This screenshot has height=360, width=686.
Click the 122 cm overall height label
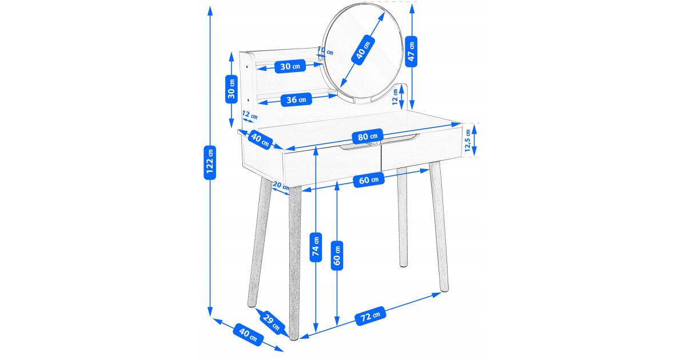tap(210, 162)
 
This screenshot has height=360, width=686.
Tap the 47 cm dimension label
tap(411, 51)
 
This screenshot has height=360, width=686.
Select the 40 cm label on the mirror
tap(363, 50)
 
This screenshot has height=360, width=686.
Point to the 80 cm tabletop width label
tap(368, 136)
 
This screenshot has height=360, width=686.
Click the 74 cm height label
tap(316, 247)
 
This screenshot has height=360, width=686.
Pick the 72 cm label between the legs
tap(370, 315)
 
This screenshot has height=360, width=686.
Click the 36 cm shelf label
tap(296, 99)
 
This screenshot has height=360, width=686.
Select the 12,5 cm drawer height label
tap(468, 141)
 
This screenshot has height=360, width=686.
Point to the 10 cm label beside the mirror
tap(325, 50)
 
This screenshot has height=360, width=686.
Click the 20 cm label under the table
tap(281, 185)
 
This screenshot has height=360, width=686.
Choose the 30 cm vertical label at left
tap(232, 89)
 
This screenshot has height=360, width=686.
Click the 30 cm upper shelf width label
tap(290, 66)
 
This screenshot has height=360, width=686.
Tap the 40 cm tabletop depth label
tap(260, 139)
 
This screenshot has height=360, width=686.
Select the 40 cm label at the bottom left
tap(248, 335)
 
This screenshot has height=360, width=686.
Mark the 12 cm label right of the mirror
tap(396, 97)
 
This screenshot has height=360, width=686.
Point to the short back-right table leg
tap(402, 217)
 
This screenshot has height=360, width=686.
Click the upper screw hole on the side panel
tap(247, 66)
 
